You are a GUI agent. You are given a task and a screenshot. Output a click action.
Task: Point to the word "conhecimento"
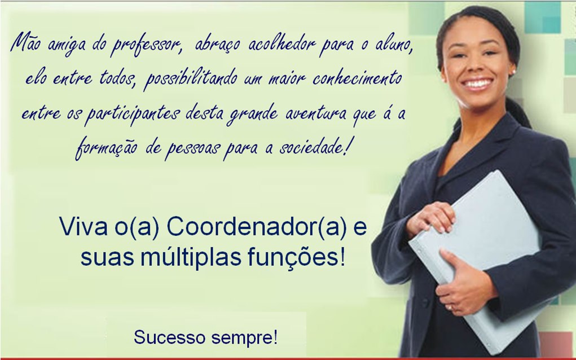pyautogui.click(x=357, y=78)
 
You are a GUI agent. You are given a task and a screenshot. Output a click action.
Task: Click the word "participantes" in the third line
pyautogui.click(x=132, y=114)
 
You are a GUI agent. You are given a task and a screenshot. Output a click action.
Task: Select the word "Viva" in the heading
pyautogui.click(x=83, y=227)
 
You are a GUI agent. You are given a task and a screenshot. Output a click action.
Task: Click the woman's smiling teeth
pyautogui.click(x=477, y=84)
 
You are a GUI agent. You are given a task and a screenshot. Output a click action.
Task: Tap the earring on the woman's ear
pyautogui.click(x=513, y=71)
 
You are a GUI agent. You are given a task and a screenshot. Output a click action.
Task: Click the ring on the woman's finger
pyautogui.click(x=450, y=307)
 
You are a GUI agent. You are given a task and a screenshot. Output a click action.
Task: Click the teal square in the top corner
pyautogui.click(x=542, y=17)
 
